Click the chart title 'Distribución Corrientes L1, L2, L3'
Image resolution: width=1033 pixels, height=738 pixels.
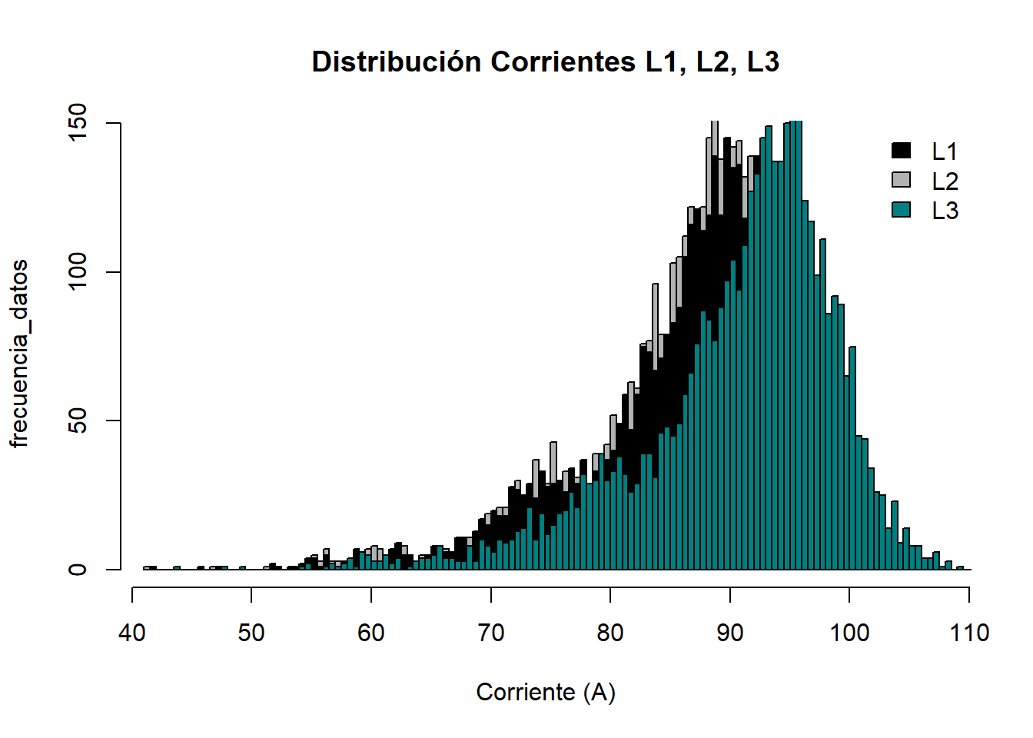(546, 61)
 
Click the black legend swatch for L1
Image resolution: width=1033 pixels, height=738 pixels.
(901, 151)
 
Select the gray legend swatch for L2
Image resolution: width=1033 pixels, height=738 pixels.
(901, 180)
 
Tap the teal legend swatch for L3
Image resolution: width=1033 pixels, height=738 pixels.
(901, 209)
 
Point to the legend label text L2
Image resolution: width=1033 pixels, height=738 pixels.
(945, 181)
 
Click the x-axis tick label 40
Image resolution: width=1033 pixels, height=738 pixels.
(132, 633)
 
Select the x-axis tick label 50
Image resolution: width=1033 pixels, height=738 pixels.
(251, 633)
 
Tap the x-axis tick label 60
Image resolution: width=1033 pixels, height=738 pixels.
(371, 633)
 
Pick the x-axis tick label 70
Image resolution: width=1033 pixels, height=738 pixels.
(490, 633)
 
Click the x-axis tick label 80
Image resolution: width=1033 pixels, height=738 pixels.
(610, 633)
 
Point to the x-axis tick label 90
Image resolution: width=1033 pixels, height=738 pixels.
(729, 633)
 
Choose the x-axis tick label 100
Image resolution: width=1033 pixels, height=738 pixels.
(849, 633)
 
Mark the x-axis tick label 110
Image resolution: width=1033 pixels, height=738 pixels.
(969, 633)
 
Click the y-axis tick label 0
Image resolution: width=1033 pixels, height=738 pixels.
(78, 570)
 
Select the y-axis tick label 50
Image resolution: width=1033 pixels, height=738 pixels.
(78, 421)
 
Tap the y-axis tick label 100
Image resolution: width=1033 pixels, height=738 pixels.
(78, 272)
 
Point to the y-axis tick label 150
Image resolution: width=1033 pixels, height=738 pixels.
(78, 123)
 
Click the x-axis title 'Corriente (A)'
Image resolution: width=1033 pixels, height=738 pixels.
(546, 692)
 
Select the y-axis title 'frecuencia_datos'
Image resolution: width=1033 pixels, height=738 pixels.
(19, 353)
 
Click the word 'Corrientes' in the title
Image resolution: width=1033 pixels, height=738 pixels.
(563, 61)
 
